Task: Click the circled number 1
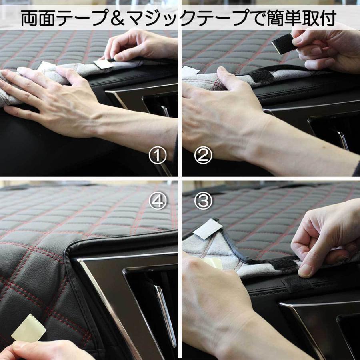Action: (x=158, y=156)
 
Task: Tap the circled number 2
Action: (x=203, y=156)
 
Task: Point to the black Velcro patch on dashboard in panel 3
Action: (x=297, y=284)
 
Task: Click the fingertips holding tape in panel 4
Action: (x=18, y=346)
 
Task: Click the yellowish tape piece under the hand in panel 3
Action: (x=213, y=263)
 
